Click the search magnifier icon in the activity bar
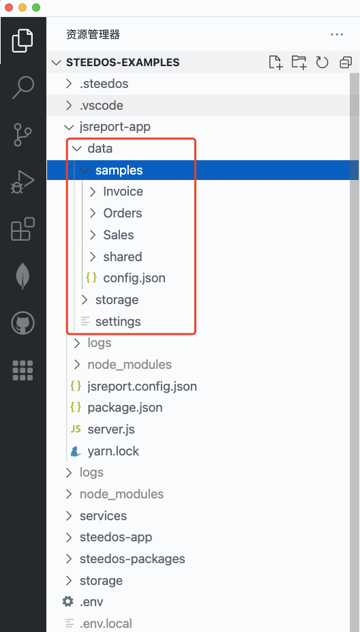22,87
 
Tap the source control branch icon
22,134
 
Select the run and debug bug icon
22,182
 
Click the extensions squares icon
22,229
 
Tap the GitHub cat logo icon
22,323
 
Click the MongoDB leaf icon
22,276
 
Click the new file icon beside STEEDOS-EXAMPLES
275,63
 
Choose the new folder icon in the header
299,63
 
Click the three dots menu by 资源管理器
337,35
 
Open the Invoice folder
123,192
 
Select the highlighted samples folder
119,170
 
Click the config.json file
134,278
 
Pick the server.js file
111,430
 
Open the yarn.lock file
113,451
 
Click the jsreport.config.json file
142,386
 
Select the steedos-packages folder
132,559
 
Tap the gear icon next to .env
68,602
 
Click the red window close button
8,7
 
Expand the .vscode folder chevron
70,106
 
